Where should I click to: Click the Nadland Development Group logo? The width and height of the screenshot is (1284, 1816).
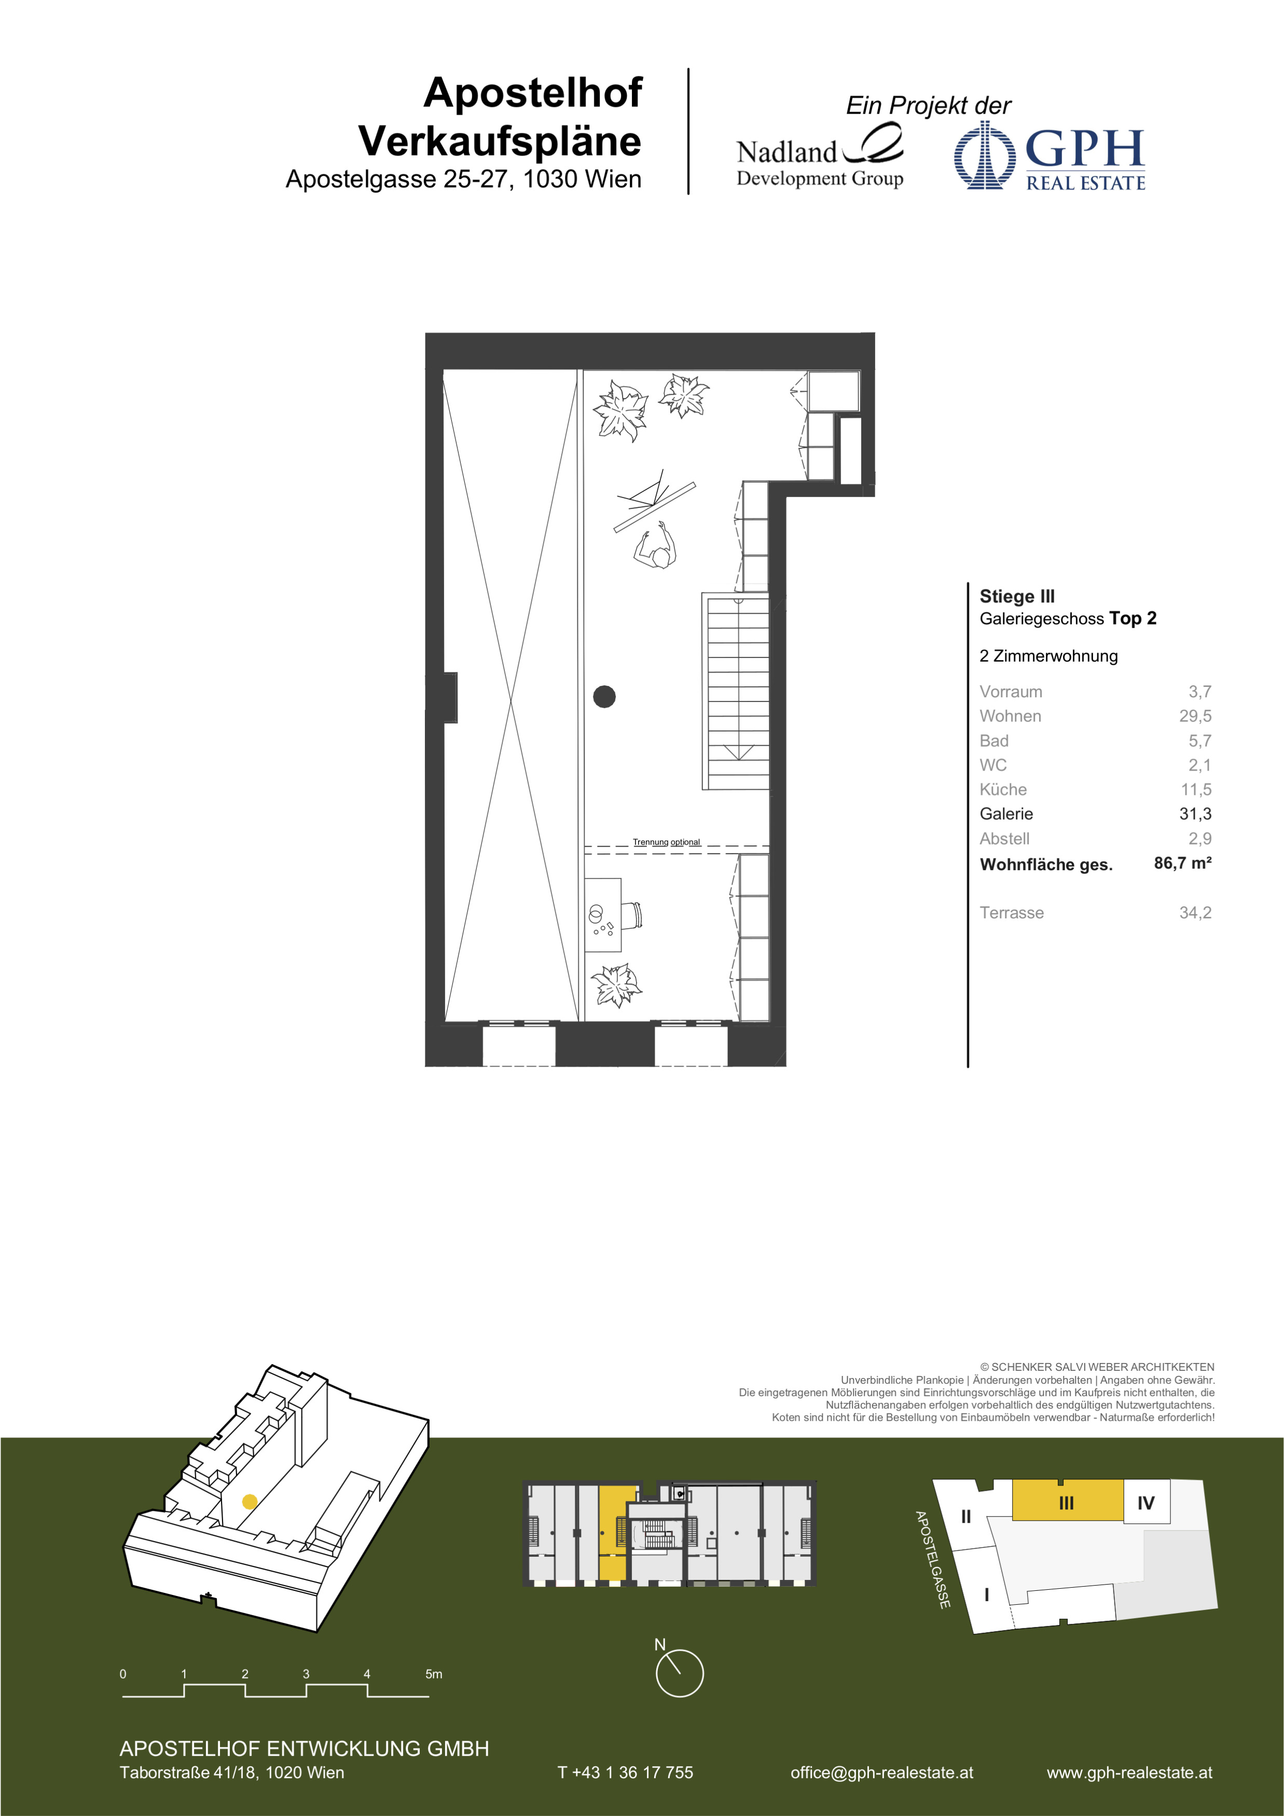pyautogui.click(x=820, y=157)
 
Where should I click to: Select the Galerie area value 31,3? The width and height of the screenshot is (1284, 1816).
pyautogui.click(x=1195, y=814)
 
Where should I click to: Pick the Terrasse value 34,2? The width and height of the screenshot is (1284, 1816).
pyautogui.click(x=1195, y=913)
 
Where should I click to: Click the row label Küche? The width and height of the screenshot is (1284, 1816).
pyautogui.click(x=1002, y=789)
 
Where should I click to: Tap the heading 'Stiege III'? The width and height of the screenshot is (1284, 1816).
pyautogui.click(x=1017, y=596)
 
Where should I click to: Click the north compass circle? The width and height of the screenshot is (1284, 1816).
pyautogui.click(x=679, y=1673)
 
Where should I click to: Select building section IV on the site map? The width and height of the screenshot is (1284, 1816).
pyautogui.click(x=1145, y=1502)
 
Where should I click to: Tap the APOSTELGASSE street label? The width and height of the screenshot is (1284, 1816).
pyautogui.click(x=932, y=1560)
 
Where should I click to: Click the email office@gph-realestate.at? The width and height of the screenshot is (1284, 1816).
pyautogui.click(x=881, y=1772)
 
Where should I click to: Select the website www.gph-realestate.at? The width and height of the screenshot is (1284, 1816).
pyautogui.click(x=1129, y=1772)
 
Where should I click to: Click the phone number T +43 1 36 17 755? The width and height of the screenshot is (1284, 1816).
pyautogui.click(x=625, y=1772)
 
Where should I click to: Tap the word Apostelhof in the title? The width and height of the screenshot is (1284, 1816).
pyautogui.click(x=532, y=92)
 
